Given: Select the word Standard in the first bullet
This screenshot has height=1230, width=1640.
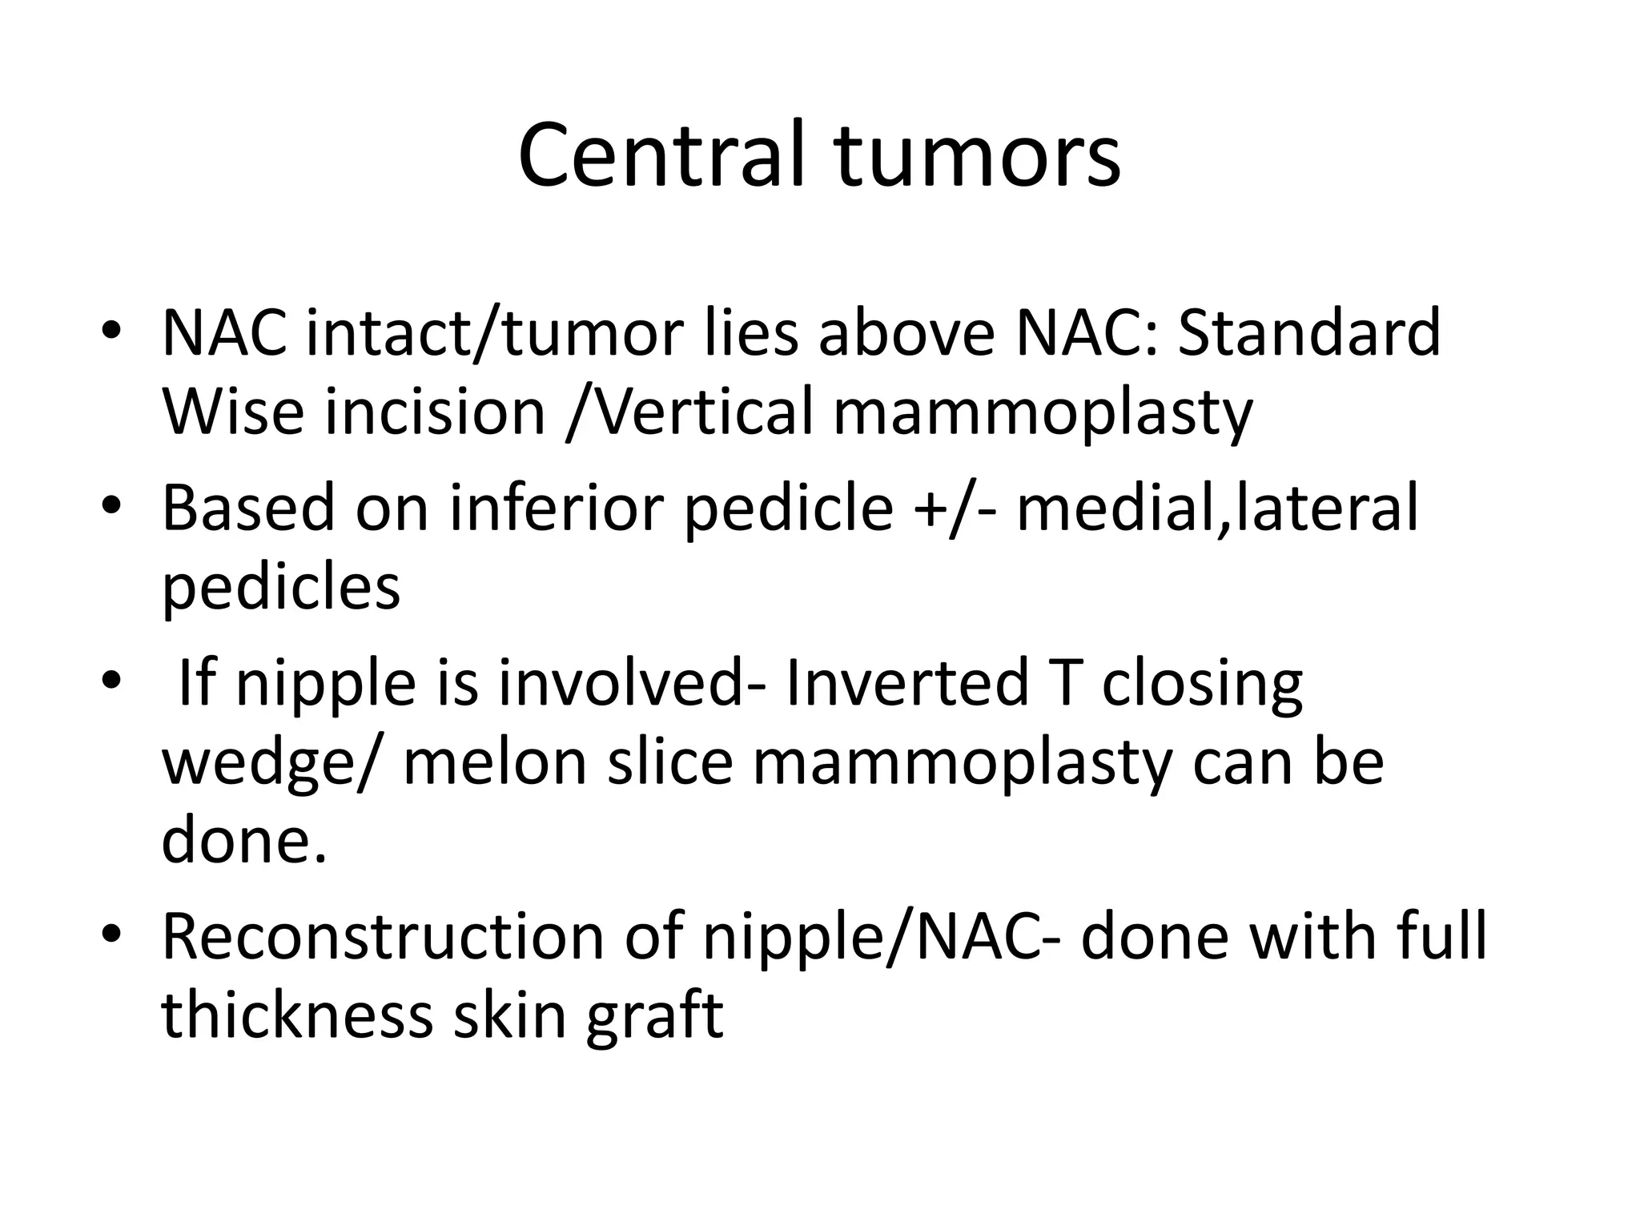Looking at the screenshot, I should coord(1309,333).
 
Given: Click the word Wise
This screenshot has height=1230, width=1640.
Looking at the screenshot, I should coord(233,412).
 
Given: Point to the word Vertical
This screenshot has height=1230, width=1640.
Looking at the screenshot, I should coord(689,412).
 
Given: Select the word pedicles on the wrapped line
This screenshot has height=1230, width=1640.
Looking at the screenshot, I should coord(281,587).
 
